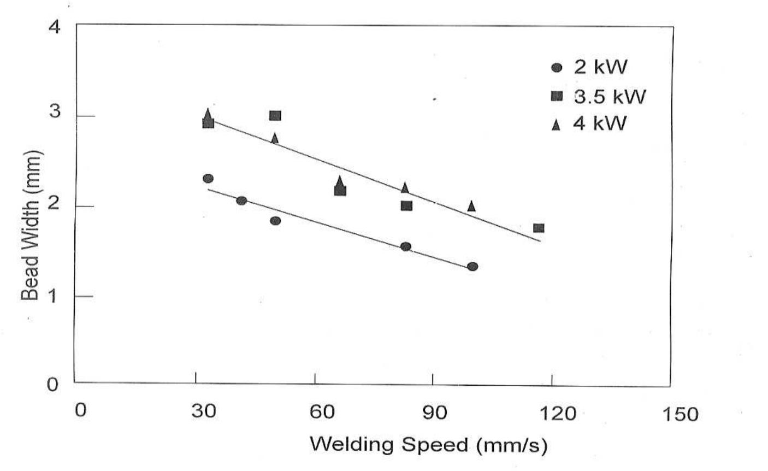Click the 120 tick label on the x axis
point(559,413)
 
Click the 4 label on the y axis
point(55,27)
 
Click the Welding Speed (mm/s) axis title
point(428,445)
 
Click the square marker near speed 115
point(539,228)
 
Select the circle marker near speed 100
point(472,267)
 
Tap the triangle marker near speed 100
point(471,206)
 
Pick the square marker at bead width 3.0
point(275,115)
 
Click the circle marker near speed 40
point(241,201)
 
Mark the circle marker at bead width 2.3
point(208,179)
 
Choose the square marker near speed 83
point(406,206)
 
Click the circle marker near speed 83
point(406,246)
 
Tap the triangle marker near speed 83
point(405,187)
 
